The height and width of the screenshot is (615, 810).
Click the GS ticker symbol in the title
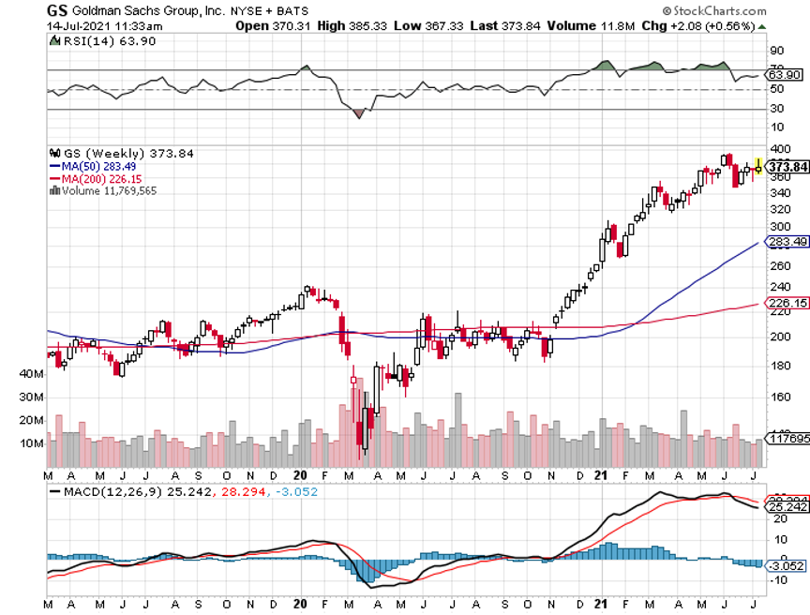pos(56,9)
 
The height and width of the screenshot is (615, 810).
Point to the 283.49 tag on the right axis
pos(787,243)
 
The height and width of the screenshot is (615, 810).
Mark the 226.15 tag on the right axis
pos(787,303)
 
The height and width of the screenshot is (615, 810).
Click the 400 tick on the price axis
pos(779,150)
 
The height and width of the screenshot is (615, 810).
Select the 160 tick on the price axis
pos(779,397)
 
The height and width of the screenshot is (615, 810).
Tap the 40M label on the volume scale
pos(33,373)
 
